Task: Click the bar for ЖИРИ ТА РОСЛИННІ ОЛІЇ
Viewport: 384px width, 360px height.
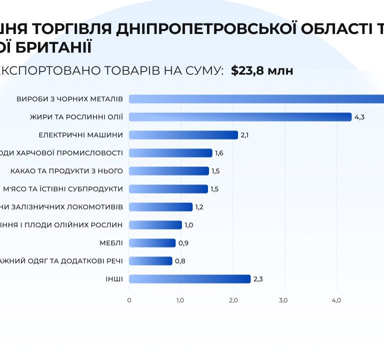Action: pos(240,117)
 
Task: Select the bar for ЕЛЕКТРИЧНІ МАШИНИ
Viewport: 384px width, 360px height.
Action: pos(183,135)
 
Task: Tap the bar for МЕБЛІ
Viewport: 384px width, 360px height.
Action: pos(152,243)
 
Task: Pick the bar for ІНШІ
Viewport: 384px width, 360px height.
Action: pos(189,279)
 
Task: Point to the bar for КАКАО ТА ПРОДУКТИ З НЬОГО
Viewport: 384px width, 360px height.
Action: pos(169,171)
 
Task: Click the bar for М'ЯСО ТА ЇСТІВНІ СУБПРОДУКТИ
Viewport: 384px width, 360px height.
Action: pos(168,189)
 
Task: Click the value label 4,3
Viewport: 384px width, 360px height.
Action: pos(359,117)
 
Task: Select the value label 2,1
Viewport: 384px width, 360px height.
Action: pos(245,135)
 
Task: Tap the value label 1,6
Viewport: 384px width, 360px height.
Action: pos(219,153)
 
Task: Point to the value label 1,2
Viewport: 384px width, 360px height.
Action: pos(199,207)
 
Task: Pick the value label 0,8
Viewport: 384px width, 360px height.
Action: pos(180,261)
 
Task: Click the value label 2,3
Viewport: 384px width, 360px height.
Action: pos(258,279)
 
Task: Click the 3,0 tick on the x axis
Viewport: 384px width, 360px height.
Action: pos(283,300)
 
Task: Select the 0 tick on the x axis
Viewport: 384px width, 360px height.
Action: pos(129,300)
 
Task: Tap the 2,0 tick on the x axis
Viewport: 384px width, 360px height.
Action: pos(232,300)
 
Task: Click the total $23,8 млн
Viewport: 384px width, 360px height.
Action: pos(262,71)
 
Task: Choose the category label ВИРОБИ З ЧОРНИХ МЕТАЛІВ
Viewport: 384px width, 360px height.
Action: pos(69,99)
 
